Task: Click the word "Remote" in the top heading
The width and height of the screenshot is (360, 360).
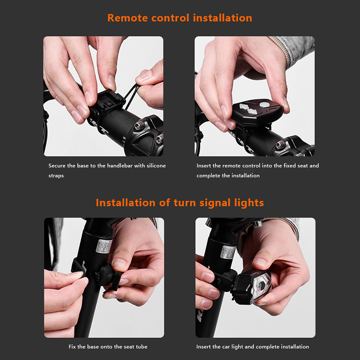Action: tap(128, 18)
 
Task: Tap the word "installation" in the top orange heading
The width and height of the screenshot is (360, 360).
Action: tap(222, 18)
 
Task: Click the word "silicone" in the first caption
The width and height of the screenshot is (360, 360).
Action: tap(156, 166)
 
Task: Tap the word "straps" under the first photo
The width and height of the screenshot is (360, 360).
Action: tap(56, 176)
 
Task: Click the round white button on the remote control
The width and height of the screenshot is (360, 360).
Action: tap(264, 105)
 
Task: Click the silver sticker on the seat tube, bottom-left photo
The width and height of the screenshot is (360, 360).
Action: tap(103, 246)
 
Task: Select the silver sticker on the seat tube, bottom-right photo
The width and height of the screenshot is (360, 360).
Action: tap(228, 252)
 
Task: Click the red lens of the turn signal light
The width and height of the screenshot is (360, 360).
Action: tap(262, 287)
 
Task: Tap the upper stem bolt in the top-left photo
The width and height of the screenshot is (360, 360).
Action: tap(139, 126)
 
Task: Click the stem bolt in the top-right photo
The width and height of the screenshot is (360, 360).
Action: tap(280, 145)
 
